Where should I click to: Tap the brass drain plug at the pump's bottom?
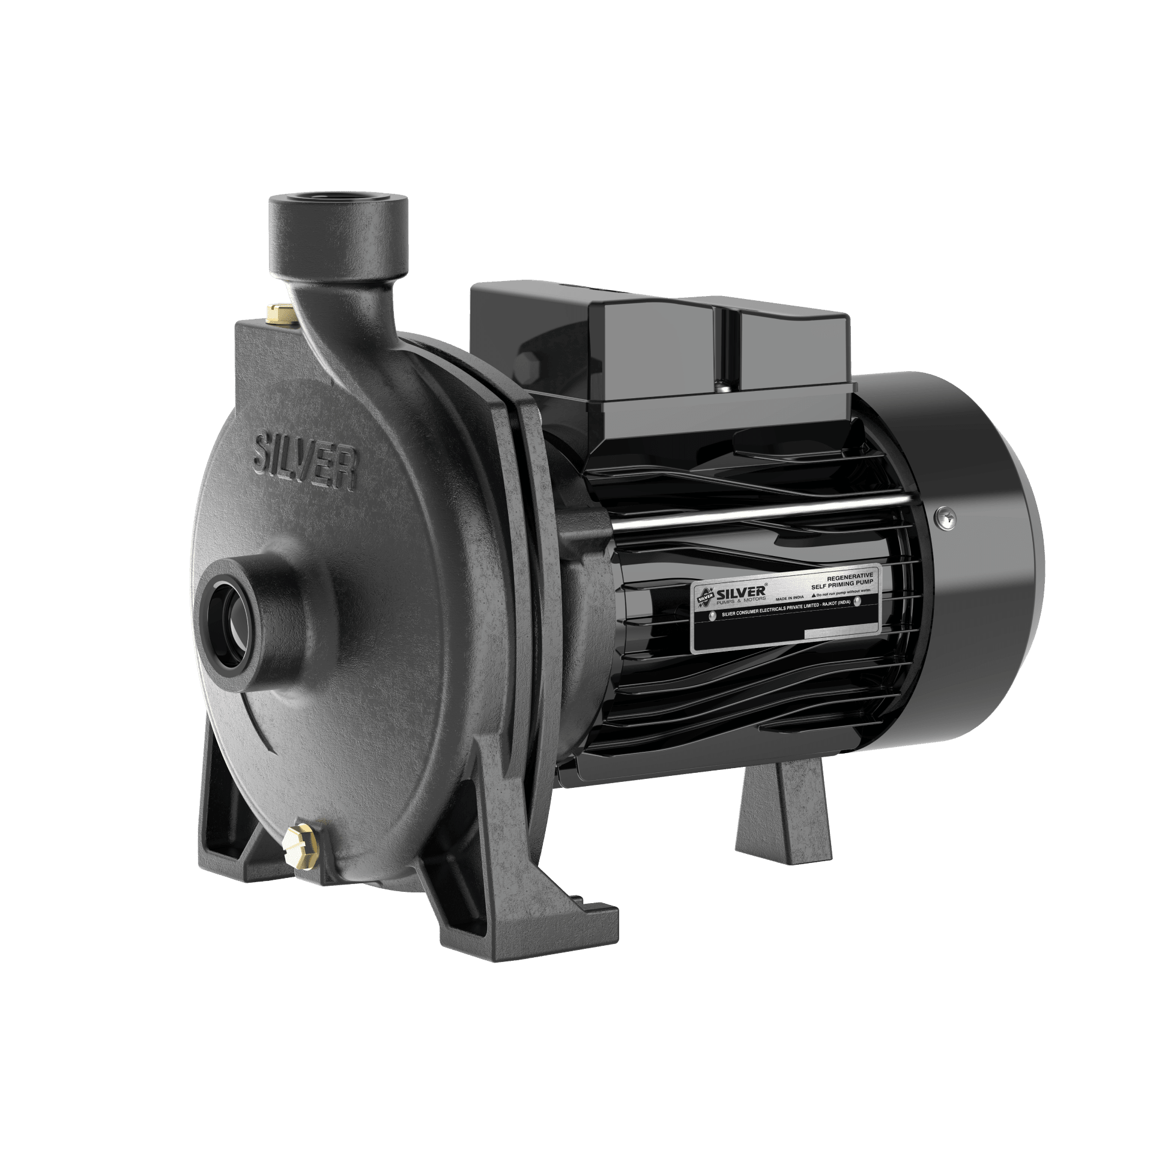click(301, 847)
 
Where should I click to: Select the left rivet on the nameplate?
click(713, 616)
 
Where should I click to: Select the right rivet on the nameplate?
click(858, 601)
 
